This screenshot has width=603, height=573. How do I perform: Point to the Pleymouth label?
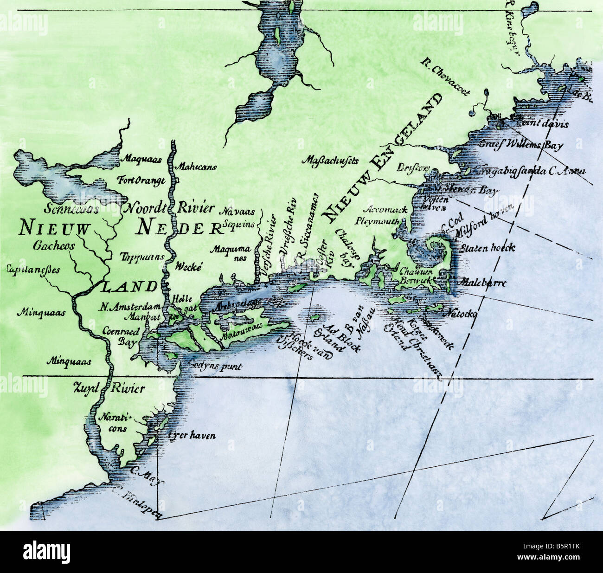pyautogui.click(x=377, y=221)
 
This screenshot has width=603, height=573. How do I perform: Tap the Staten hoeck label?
pyautogui.click(x=487, y=248)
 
